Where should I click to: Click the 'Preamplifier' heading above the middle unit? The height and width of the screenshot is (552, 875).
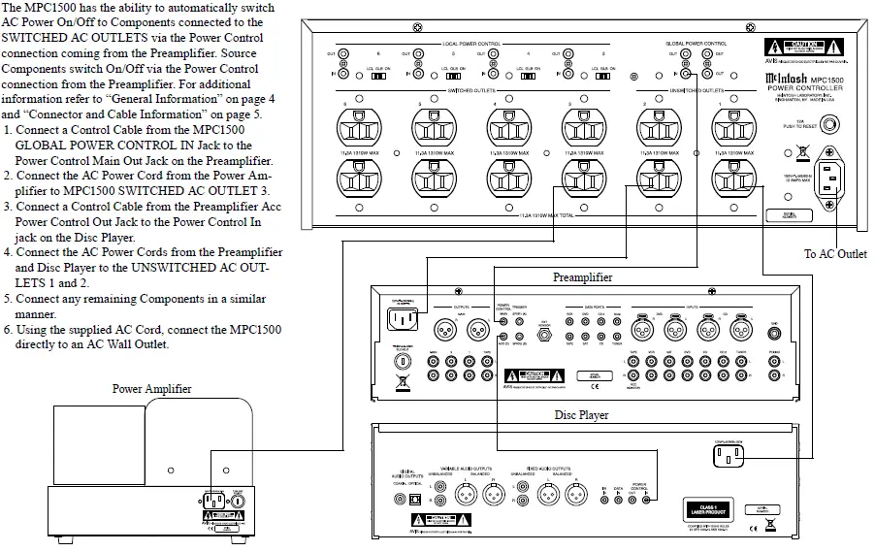[x=582, y=276]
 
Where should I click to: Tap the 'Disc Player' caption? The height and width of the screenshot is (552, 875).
[x=581, y=415]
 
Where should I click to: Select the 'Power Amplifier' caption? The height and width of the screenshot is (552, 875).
[x=152, y=389]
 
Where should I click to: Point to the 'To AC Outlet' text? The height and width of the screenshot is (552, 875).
[x=835, y=254]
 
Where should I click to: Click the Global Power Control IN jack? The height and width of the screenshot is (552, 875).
[x=685, y=74]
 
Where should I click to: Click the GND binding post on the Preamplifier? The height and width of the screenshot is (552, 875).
[x=773, y=327]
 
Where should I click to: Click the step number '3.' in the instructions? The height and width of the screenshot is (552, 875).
[x=8, y=207]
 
